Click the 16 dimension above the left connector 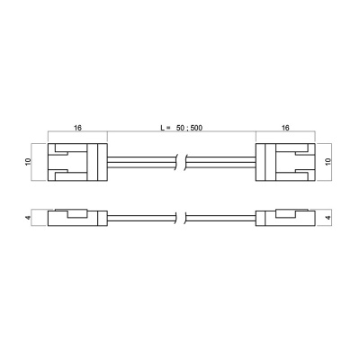[x=77, y=128]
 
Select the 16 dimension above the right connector [x=285, y=128]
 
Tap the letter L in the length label [x=163, y=128]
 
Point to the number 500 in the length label [x=196, y=128]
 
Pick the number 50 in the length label [x=181, y=128]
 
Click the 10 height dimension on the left [x=28, y=161]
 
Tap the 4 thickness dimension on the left [x=28, y=218]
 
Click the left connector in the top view [x=77, y=162]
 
